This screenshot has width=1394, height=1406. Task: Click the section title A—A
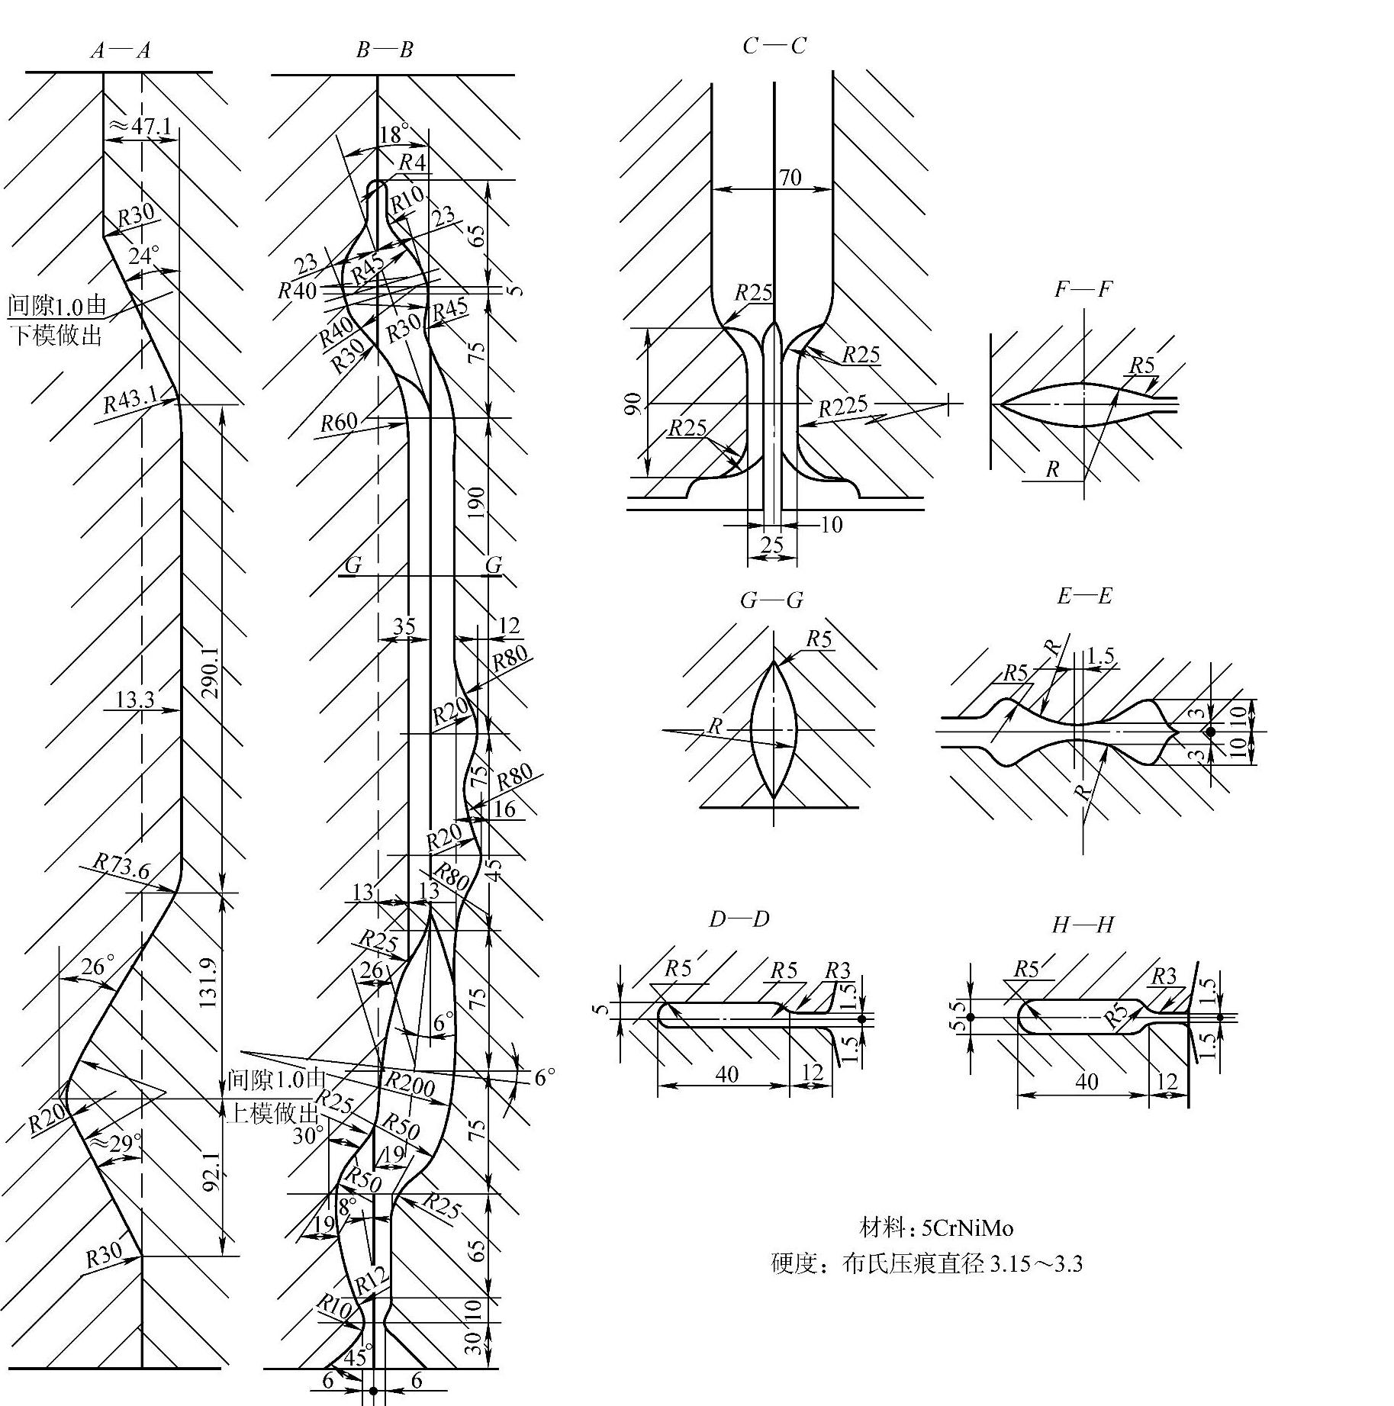point(120,51)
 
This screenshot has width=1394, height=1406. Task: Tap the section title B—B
point(385,50)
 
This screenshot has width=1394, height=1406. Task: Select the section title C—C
point(774,47)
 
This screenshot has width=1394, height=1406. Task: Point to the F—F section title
point(1083,289)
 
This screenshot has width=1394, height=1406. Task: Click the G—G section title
point(771,600)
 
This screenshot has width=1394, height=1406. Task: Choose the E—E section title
point(1083,596)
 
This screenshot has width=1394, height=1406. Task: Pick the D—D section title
point(739,919)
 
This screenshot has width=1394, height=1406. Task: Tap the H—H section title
point(1083,925)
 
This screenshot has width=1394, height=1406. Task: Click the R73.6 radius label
point(121,867)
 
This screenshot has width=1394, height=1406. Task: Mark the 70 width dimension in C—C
point(790,178)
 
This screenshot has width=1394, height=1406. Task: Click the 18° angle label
point(394,134)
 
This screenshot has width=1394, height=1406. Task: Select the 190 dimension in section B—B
point(475,502)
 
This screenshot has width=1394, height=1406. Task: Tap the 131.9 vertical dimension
point(210,982)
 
